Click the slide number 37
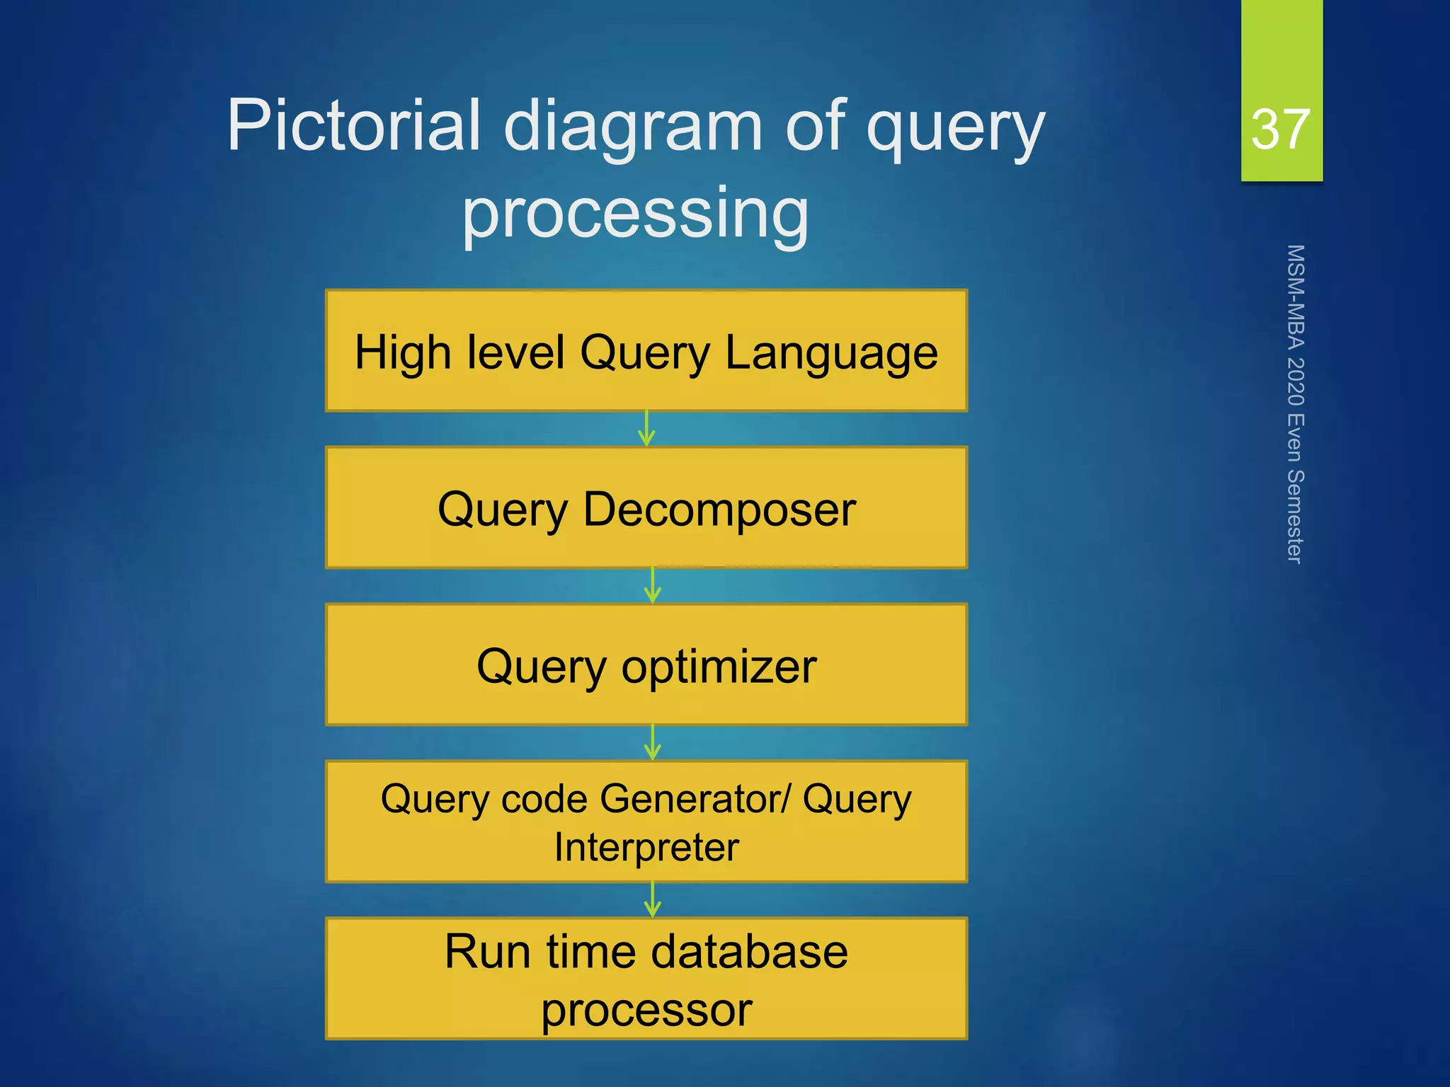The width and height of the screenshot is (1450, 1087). (x=1280, y=130)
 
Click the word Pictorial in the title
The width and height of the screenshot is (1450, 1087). (x=354, y=126)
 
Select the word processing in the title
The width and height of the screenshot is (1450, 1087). (x=635, y=213)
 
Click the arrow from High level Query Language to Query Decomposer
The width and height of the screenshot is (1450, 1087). (x=646, y=428)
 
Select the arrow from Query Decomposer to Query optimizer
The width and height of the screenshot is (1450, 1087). (x=653, y=585)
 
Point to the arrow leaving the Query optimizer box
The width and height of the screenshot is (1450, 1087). (x=653, y=742)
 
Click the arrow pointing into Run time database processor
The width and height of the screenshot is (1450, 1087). (x=653, y=899)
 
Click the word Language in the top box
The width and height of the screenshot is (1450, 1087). (x=831, y=353)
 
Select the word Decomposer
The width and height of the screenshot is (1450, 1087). (x=719, y=510)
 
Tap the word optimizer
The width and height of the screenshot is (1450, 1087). (x=719, y=667)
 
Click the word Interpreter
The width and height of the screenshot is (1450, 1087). (x=646, y=847)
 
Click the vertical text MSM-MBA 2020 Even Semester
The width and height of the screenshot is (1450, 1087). (x=1295, y=404)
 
